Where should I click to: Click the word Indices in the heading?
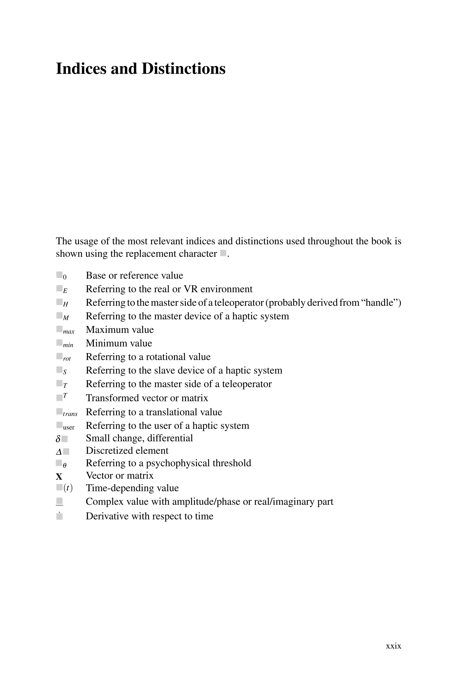(x=81, y=69)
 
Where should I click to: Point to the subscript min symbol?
(x=68, y=345)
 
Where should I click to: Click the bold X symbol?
(x=59, y=477)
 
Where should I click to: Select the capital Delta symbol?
(x=59, y=452)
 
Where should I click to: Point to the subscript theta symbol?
(x=65, y=466)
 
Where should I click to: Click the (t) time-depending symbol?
(x=68, y=488)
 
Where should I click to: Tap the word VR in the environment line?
(x=191, y=289)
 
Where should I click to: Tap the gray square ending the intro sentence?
(x=223, y=253)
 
